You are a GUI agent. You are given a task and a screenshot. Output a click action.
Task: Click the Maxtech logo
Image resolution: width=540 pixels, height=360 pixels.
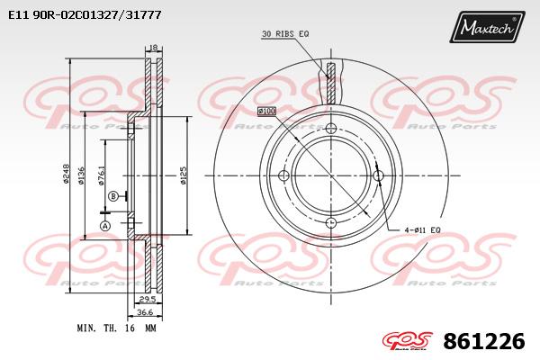(x=487, y=26)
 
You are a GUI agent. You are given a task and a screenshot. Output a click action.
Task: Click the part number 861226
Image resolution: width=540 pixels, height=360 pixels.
(x=484, y=342)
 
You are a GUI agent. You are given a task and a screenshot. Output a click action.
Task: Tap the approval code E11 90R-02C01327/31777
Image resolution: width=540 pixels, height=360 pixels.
(x=85, y=15)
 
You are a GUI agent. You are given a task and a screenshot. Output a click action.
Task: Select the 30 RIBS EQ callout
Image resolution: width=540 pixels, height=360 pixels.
(x=285, y=34)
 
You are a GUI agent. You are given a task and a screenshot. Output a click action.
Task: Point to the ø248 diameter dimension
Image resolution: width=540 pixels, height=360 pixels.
(x=67, y=173)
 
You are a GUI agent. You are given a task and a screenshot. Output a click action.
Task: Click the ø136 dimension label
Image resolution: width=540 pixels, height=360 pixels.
(x=82, y=175)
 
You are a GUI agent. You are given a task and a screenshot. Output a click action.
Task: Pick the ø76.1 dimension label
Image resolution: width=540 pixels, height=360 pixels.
(x=103, y=175)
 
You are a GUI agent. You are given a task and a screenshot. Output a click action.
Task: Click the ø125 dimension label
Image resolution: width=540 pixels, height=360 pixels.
(x=184, y=175)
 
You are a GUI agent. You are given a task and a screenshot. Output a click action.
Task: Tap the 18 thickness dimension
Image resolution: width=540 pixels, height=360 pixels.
(x=154, y=48)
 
